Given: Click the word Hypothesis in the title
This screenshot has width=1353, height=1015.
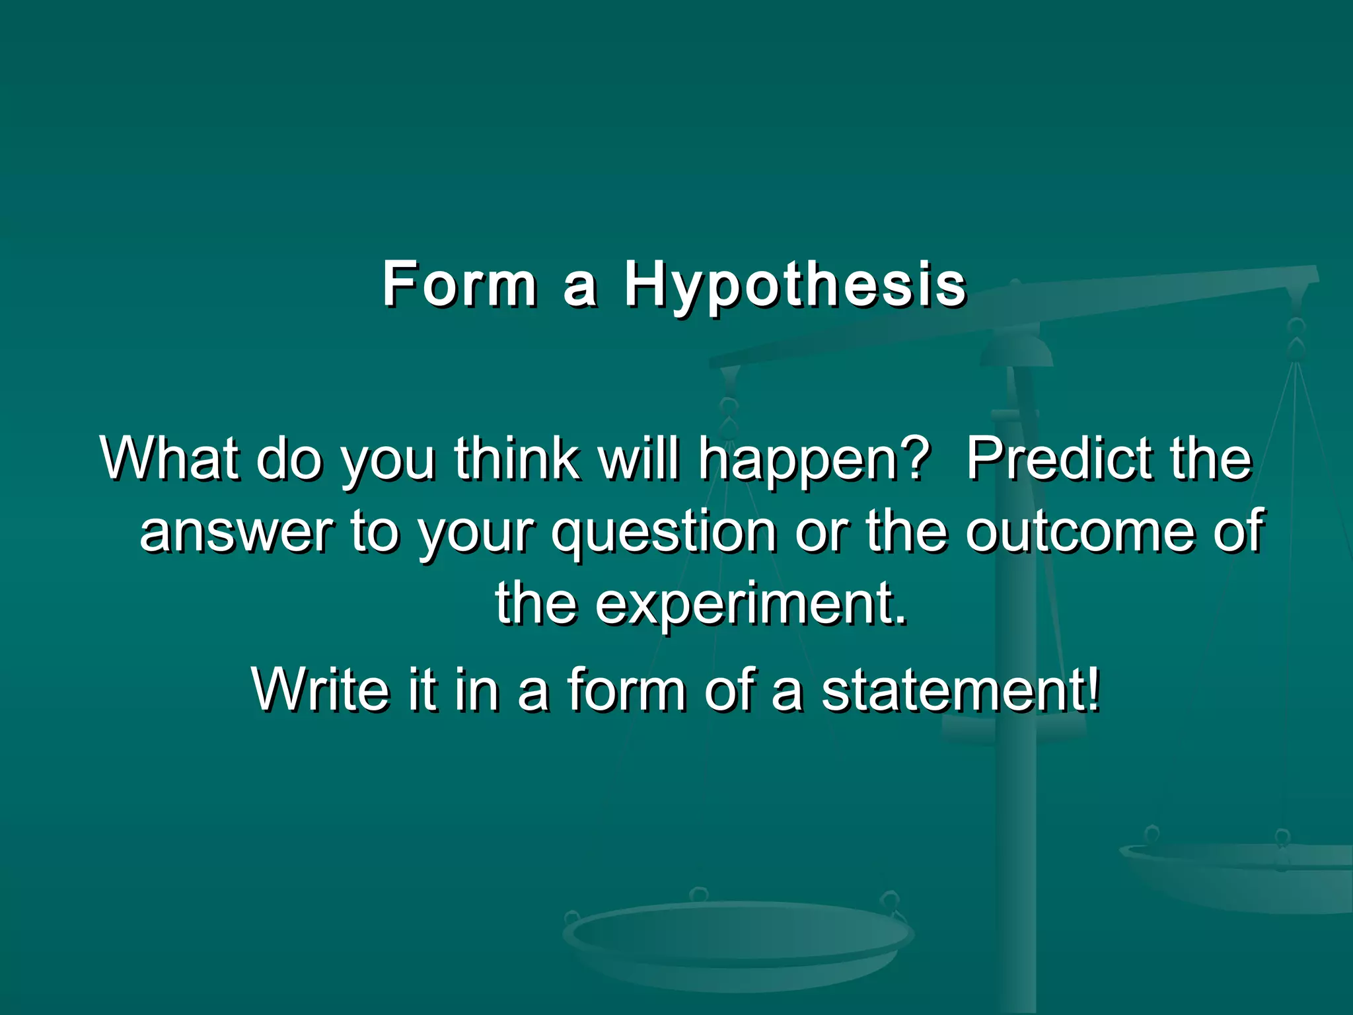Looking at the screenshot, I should point(795,285).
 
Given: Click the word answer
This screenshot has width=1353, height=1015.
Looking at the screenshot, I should point(236,532).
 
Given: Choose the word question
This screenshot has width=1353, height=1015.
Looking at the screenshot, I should point(663,532).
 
